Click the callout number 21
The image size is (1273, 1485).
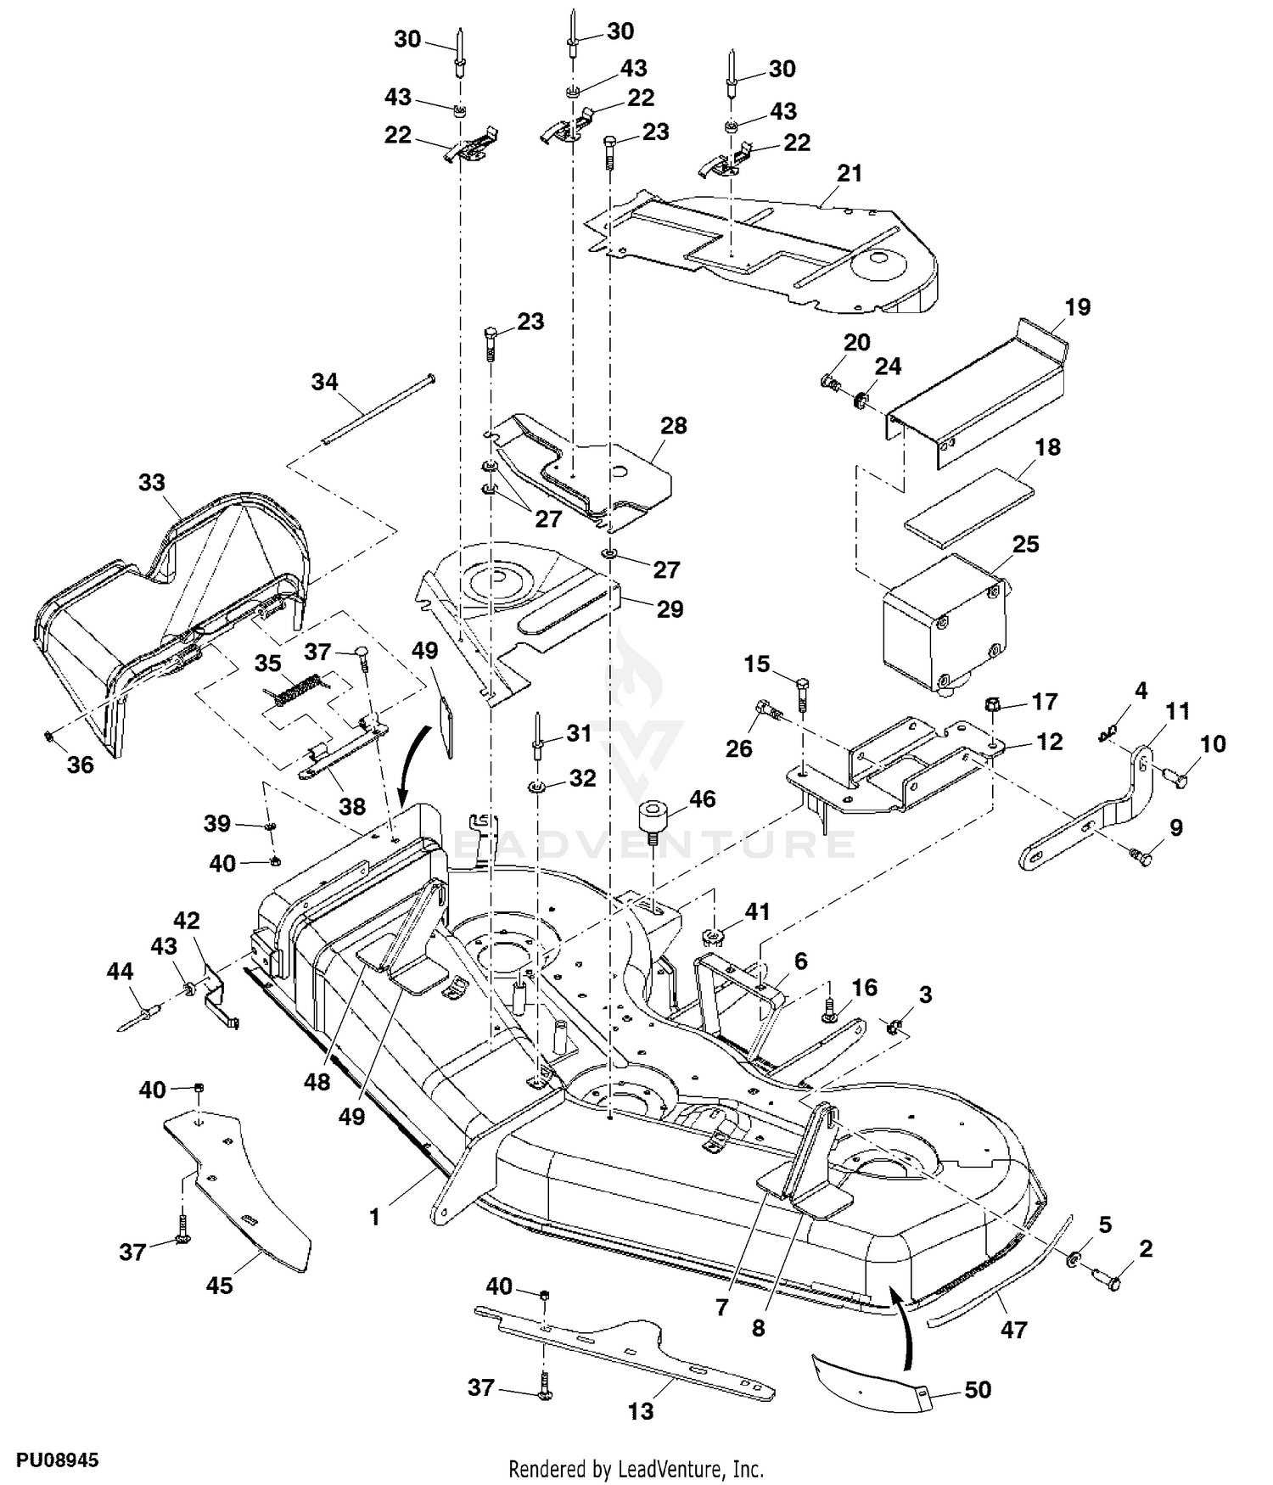click(849, 173)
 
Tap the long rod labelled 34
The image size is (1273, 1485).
click(377, 409)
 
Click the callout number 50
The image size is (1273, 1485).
click(978, 1390)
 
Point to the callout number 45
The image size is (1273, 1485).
click(219, 1286)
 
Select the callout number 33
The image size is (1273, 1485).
click(151, 482)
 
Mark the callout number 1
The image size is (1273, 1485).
click(374, 1217)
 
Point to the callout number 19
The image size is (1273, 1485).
click(1077, 306)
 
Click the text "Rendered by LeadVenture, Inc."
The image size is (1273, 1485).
click(636, 1469)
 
